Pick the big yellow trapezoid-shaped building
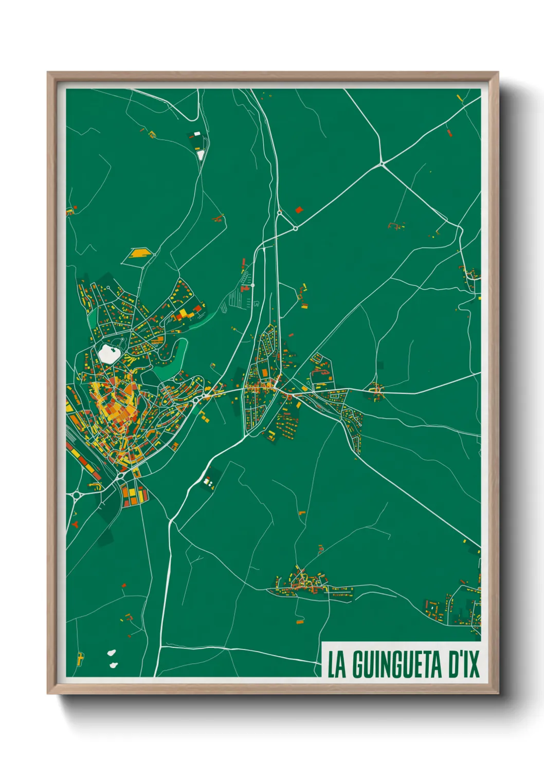point(138,253)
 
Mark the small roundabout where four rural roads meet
point(382,164)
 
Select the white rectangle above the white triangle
point(197,134)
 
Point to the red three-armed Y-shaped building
point(76,524)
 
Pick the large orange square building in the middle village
point(265,372)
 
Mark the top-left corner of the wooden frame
point(48,73)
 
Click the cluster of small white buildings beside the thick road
point(208,482)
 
